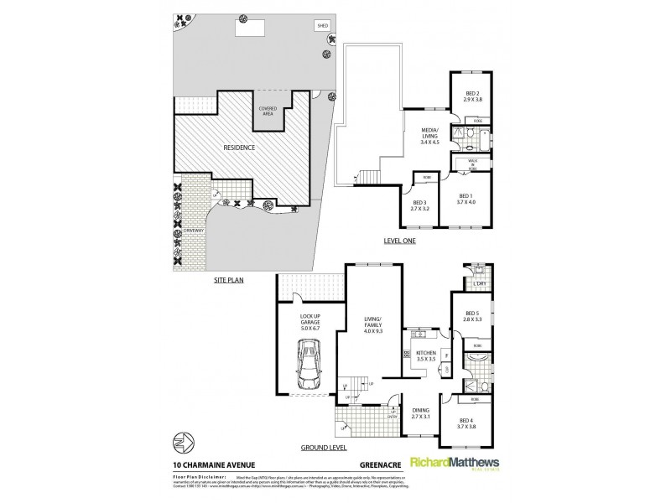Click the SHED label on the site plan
pyautogui.click(x=321, y=27)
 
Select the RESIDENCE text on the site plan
pyautogui.click(x=239, y=148)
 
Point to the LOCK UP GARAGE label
pyautogui.click(x=312, y=322)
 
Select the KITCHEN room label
pyautogui.click(x=427, y=355)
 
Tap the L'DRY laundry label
pyautogui.click(x=481, y=285)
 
